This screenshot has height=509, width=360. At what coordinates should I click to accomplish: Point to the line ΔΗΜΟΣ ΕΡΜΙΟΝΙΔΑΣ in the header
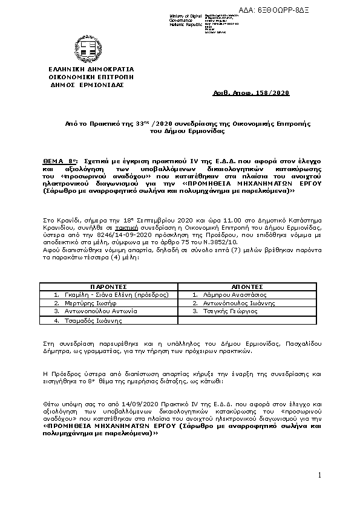[x=87, y=85]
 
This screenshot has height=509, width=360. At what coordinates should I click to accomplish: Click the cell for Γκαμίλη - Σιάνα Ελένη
[x=111, y=294]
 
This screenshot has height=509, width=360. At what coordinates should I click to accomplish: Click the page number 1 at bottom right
[x=319, y=476]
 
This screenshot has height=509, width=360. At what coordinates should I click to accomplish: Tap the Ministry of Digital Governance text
[x=169, y=20]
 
